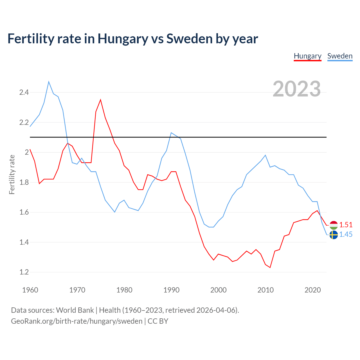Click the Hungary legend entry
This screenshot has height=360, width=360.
(307, 56)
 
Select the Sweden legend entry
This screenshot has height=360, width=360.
(340, 56)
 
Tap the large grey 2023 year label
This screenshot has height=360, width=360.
(297, 89)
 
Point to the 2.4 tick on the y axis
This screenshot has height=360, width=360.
(24, 92)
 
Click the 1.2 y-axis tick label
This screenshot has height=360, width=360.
(24, 272)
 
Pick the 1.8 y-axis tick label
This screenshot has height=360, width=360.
(24, 182)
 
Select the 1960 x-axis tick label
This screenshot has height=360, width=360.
(30, 290)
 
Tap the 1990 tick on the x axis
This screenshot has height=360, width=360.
(171, 290)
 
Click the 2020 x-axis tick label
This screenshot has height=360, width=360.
(312, 290)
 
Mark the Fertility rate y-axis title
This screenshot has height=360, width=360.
(12, 174)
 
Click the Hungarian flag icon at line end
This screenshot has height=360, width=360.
(334, 225)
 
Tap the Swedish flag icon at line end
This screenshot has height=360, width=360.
(334, 235)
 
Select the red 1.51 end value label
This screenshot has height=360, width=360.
(346, 225)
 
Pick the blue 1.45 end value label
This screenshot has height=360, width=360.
(346, 234)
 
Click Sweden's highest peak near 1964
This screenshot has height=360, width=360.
(49, 82)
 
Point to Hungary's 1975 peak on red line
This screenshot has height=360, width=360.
(100, 100)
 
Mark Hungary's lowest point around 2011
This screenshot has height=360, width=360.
(270, 267)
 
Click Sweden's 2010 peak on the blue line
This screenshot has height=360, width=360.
(265, 155)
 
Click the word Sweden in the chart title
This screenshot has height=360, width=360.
(189, 39)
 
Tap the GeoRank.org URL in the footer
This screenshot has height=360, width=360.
(76, 321)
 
